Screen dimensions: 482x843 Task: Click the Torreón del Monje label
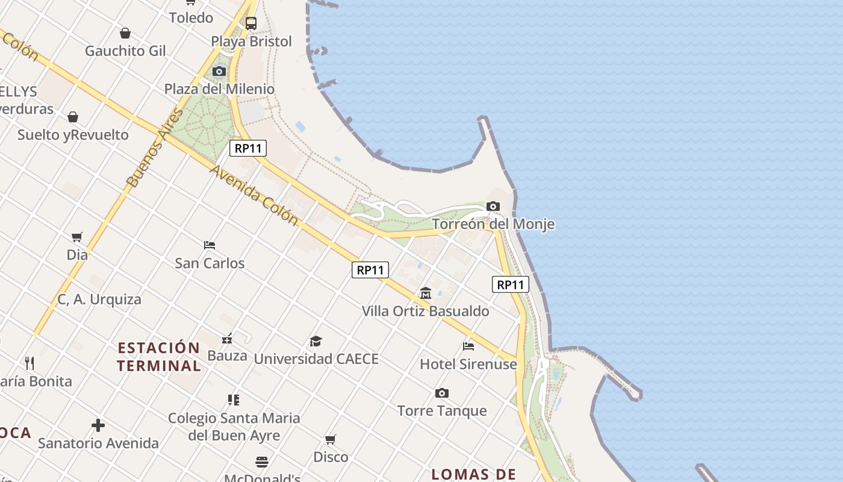pos(493,224)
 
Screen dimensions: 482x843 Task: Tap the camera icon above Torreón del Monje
pos(493,207)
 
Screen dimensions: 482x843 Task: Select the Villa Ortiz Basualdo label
pos(425,311)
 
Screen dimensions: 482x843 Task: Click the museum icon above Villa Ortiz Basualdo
pos(426,293)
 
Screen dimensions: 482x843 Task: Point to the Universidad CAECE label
pos(316,359)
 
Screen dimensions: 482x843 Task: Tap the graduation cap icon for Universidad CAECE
pos(316,342)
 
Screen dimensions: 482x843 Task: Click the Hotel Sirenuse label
pos(468,364)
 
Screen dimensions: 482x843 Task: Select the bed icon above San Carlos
pos(210,245)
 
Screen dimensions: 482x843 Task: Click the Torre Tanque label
pos(442,411)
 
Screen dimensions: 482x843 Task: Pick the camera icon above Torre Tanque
pos(442,393)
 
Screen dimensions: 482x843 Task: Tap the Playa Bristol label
pos(251,42)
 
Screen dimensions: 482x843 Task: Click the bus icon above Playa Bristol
pos(251,23)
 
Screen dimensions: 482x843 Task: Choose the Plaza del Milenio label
pos(219,89)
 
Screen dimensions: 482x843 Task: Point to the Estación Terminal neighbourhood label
pos(159,357)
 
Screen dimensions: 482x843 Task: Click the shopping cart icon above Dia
pos(76,237)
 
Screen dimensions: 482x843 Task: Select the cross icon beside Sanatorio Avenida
pos(98,425)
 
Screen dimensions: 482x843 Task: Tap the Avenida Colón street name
pos(254,195)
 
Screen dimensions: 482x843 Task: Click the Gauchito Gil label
pos(125,51)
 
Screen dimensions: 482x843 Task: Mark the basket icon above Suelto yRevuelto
pos(73,117)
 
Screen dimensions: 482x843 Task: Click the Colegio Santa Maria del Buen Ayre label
pos(234,426)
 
